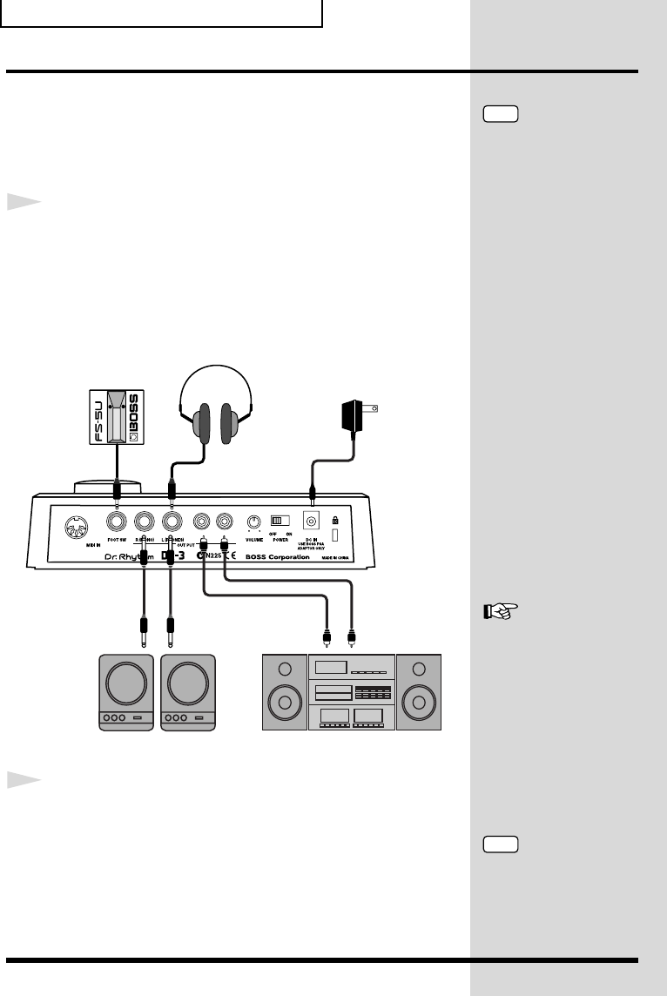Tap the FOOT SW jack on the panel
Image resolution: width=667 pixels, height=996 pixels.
pyautogui.click(x=116, y=522)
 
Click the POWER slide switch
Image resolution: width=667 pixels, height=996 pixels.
pyautogui.click(x=280, y=521)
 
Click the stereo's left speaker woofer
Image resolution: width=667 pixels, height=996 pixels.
pyautogui.click(x=285, y=702)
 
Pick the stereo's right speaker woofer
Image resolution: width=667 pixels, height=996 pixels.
pyautogui.click(x=419, y=702)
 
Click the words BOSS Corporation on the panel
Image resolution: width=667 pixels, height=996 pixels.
pyautogui.click(x=277, y=556)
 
